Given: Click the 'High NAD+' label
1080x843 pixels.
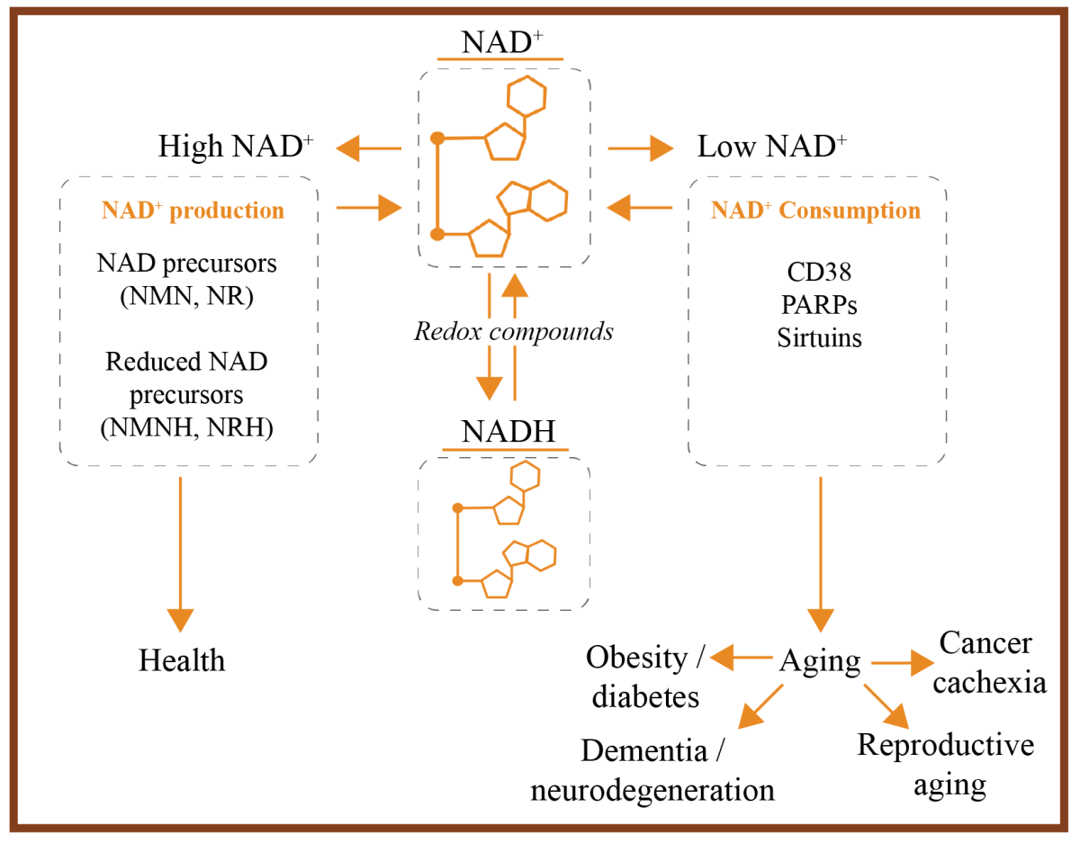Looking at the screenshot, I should [x=236, y=147].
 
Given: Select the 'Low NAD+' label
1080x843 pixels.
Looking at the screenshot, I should [x=772, y=147].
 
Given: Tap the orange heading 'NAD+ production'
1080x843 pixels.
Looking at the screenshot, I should [x=193, y=211].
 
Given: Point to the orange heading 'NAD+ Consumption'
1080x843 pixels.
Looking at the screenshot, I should [x=815, y=211].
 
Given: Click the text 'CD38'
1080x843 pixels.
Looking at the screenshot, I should [x=817, y=273].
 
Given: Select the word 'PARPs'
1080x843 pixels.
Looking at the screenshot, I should [x=817, y=305].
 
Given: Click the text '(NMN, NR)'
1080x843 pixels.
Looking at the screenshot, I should [x=187, y=296].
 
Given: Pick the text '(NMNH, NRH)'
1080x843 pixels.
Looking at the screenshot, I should [x=187, y=427].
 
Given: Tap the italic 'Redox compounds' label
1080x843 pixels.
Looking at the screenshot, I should [x=513, y=331].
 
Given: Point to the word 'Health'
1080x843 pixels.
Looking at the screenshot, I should [x=182, y=660].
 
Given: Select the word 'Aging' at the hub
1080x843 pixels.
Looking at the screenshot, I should [x=820, y=661].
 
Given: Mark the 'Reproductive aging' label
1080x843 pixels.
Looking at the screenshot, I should [x=945, y=765].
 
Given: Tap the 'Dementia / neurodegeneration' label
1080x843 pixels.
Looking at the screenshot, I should [x=652, y=771].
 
